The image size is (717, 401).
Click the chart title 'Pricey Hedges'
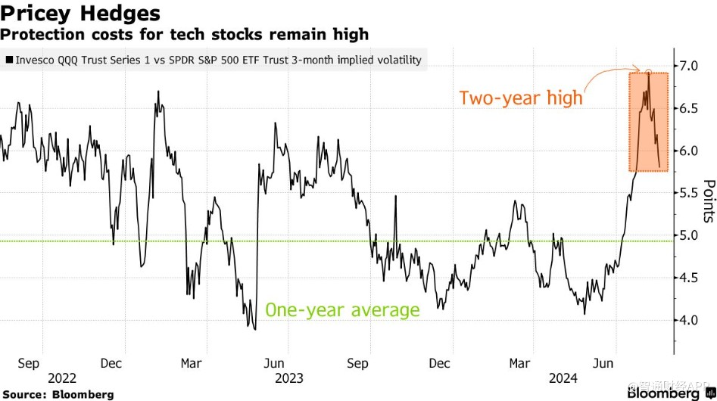tap(80, 13)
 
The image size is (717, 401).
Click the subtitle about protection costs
tap(184, 34)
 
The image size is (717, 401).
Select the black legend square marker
tap(8, 59)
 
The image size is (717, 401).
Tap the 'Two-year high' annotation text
tap(521, 98)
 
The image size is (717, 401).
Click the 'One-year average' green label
tap(342, 310)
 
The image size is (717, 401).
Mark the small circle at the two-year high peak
tap(647, 72)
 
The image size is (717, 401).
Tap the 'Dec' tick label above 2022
tap(111, 363)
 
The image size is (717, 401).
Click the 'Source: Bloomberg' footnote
tap(58, 394)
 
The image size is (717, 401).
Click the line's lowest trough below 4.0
tap(255, 329)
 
